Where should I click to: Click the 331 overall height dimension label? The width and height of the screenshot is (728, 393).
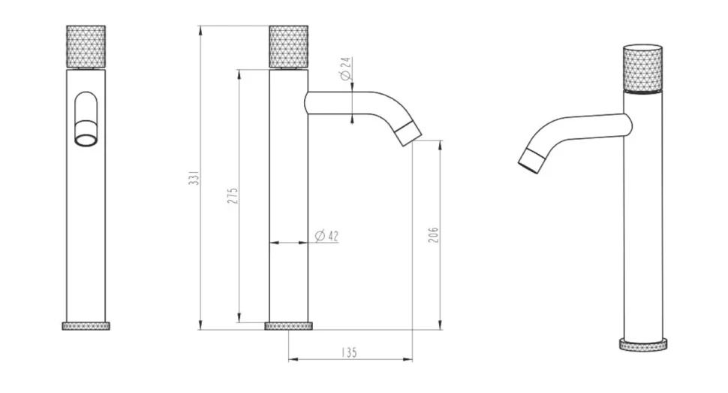pyautogui.click(x=194, y=177)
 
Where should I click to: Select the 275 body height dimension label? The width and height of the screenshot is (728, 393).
pyautogui.click(x=233, y=196)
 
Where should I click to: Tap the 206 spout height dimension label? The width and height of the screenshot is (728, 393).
pyautogui.click(x=433, y=235)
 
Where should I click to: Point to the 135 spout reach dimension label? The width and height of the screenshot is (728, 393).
pyautogui.click(x=349, y=352)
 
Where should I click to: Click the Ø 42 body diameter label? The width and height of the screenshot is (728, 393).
pyautogui.click(x=327, y=236)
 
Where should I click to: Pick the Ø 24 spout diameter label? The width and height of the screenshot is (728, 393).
pyautogui.click(x=345, y=69)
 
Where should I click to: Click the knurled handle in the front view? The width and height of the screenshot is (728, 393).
pyautogui.click(x=86, y=47)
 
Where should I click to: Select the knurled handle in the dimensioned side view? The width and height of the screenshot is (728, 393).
pyautogui.click(x=289, y=47)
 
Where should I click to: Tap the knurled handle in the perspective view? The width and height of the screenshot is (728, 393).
pyautogui.click(x=642, y=68)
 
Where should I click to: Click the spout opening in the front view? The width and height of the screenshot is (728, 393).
pyautogui.click(x=86, y=140)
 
